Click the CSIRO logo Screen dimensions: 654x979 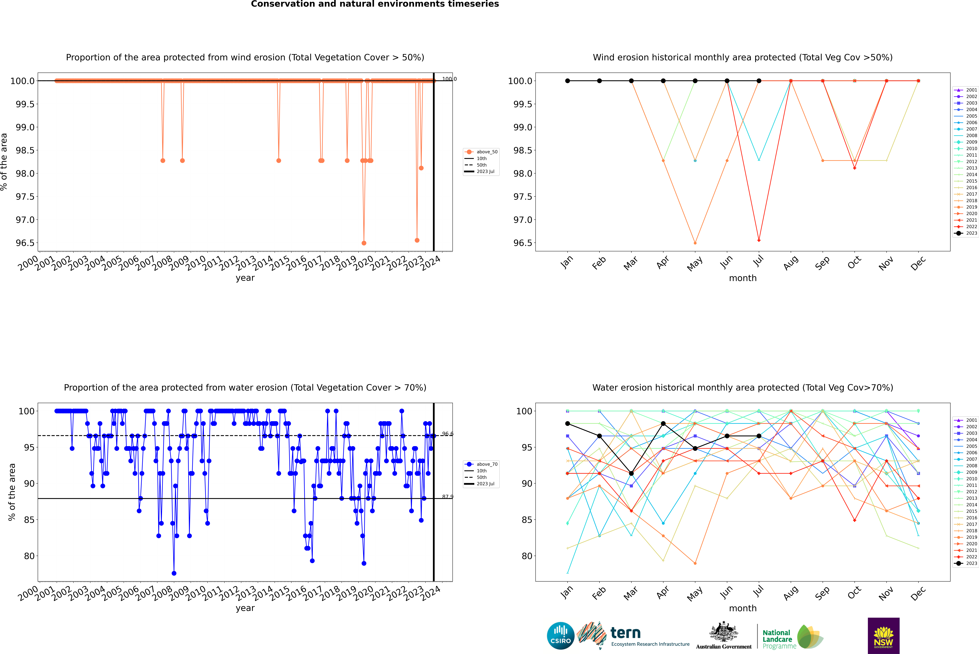tap(560, 636)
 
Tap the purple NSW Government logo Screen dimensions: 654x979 tap(883, 636)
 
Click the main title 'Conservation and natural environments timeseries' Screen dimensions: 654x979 tap(375, 4)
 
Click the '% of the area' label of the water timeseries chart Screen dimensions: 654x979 tap(12, 492)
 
